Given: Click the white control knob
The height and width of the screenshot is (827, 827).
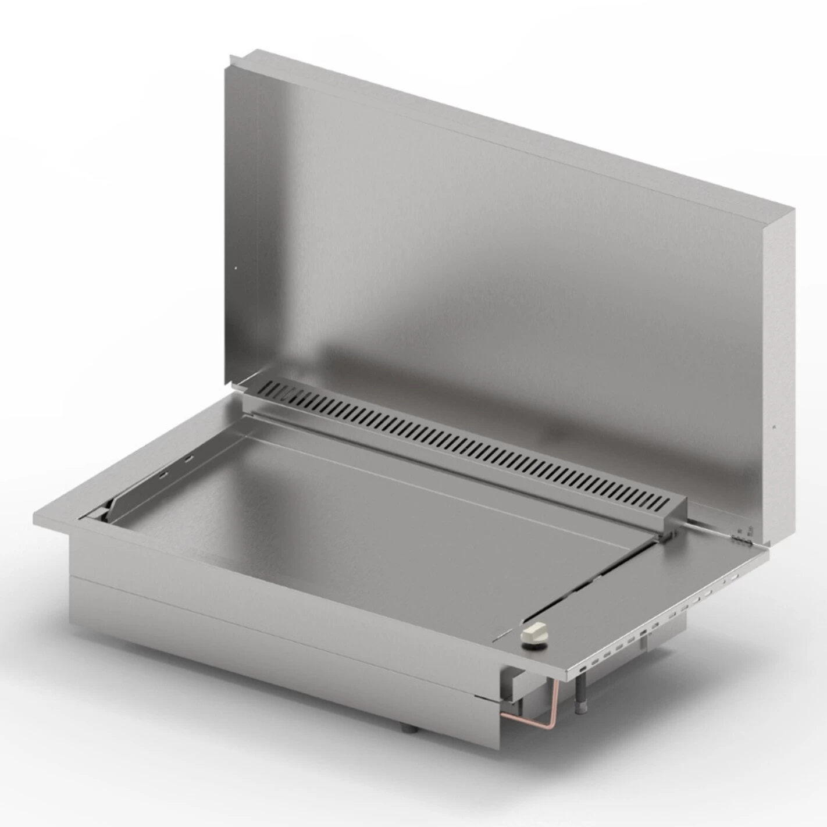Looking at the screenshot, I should pos(534,633).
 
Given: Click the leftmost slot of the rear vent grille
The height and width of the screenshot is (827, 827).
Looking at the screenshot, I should pos(269,384).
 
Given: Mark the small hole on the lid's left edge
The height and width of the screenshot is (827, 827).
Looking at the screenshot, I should pos(235,268).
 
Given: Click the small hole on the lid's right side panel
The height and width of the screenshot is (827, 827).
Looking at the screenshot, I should pos(773,428).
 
